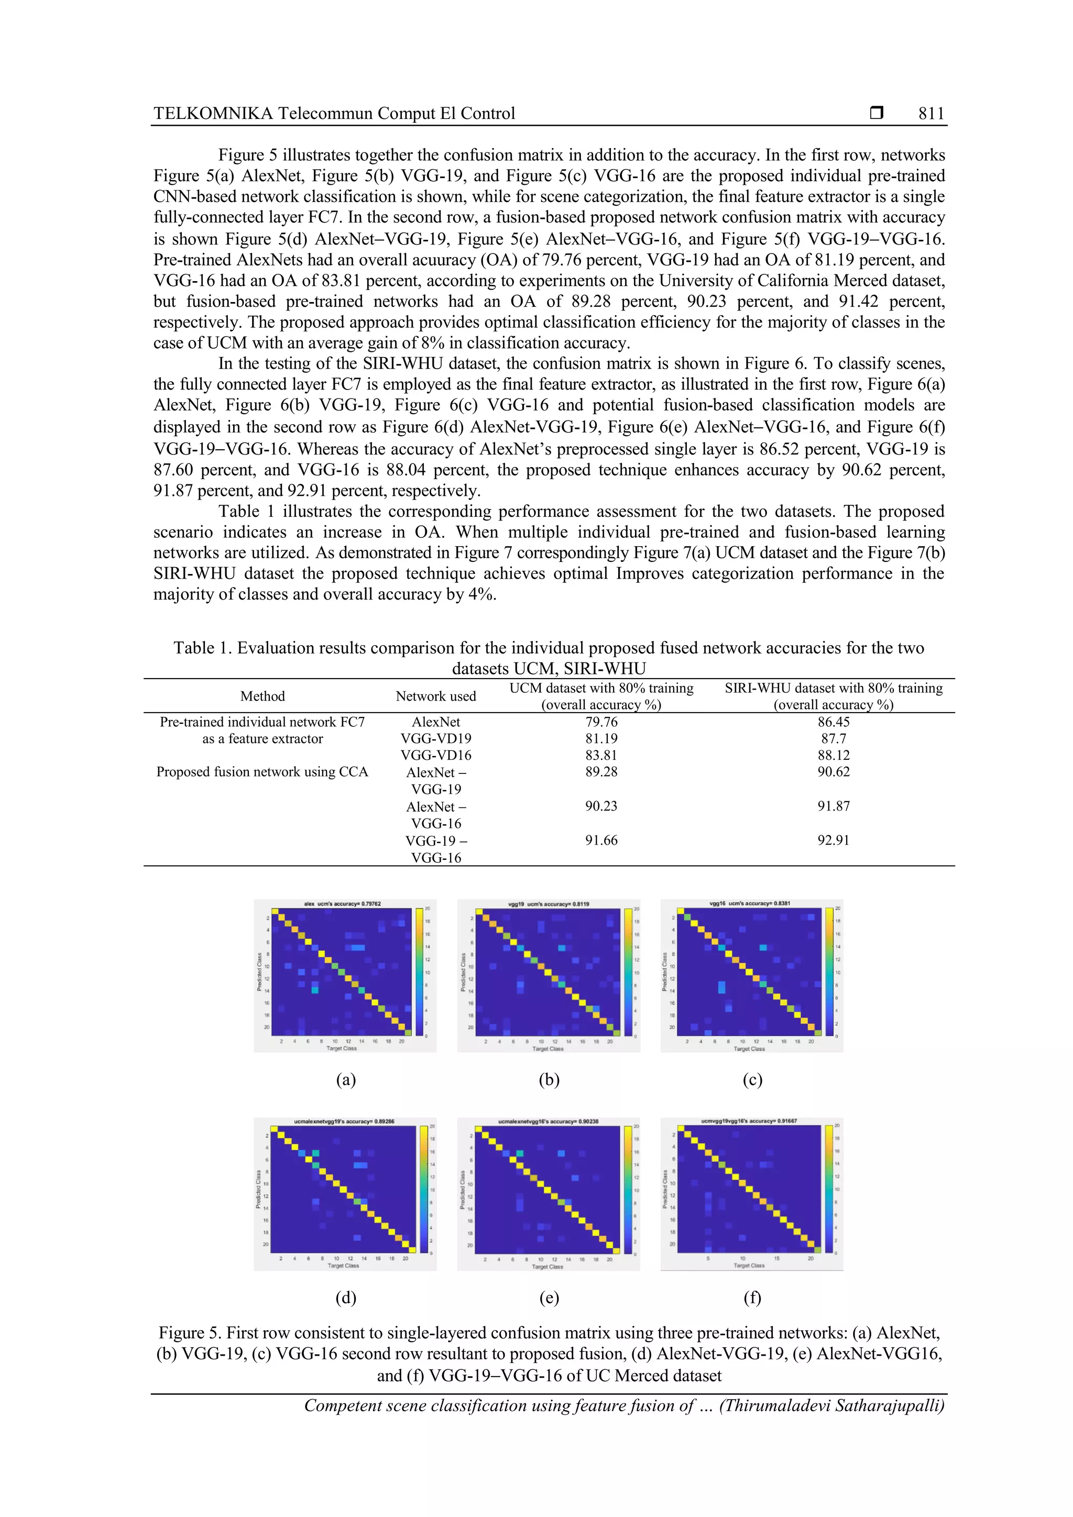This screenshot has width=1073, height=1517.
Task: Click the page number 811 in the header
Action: (931, 114)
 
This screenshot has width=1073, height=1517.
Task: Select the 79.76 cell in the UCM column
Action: (601, 722)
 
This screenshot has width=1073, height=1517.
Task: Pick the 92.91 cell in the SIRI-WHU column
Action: (833, 840)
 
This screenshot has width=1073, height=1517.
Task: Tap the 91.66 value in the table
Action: (601, 840)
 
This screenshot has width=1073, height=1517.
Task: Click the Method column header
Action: (262, 696)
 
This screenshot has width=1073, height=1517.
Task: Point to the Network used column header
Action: (436, 696)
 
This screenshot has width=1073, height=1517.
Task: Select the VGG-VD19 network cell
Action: (436, 739)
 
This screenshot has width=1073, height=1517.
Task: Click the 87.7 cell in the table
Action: (833, 739)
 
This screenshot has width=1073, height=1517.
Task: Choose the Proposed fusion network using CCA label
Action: (262, 772)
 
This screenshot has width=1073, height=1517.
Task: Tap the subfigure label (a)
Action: (346, 1080)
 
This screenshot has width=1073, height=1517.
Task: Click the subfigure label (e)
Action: (549, 1298)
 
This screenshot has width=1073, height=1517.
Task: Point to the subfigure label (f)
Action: (752, 1298)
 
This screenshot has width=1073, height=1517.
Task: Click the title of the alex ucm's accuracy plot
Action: (342, 903)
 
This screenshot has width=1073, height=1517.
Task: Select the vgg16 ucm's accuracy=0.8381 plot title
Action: (749, 903)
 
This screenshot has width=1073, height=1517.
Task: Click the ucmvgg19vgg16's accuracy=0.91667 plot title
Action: (749, 1121)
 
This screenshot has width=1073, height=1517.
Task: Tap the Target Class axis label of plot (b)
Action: (548, 1048)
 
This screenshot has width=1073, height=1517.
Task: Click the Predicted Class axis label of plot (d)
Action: (258, 1190)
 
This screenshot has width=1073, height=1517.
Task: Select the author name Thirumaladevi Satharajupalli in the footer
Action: (831, 1406)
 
